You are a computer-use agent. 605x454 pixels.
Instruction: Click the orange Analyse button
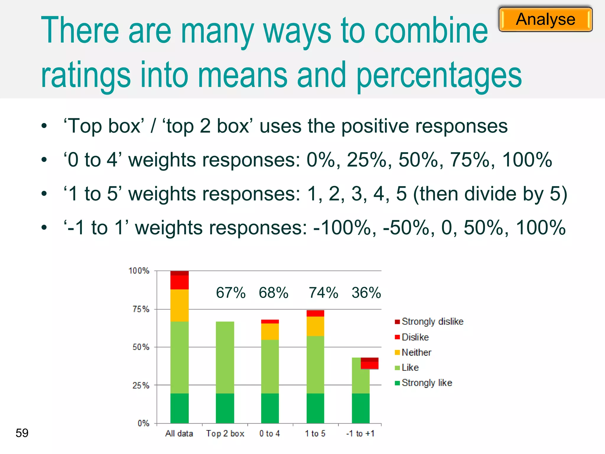click(545, 20)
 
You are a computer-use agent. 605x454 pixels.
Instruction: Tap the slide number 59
click(22, 433)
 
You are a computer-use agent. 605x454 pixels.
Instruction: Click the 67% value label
click(231, 293)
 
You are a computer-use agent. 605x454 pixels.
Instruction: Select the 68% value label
click(274, 293)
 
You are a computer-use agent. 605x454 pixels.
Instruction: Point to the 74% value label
click(323, 293)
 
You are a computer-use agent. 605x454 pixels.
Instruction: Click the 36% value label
click(366, 293)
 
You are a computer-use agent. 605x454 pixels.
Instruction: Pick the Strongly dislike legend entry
click(429, 322)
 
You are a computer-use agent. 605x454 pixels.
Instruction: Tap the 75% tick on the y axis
click(141, 309)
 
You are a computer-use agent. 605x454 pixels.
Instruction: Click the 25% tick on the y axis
click(141, 385)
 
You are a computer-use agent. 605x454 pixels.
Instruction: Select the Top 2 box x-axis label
click(225, 433)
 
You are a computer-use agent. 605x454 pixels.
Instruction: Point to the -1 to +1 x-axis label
click(360, 433)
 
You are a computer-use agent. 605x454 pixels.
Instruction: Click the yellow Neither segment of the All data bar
click(179, 305)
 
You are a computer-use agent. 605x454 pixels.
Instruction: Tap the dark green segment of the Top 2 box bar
click(225, 408)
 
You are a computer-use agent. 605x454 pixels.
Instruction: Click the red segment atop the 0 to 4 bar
click(270, 322)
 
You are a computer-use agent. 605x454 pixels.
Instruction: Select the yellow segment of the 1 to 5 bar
click(315, 326)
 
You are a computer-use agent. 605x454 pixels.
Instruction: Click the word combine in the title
click(431, 31)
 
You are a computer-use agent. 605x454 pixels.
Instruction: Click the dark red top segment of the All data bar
click(179, 273)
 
